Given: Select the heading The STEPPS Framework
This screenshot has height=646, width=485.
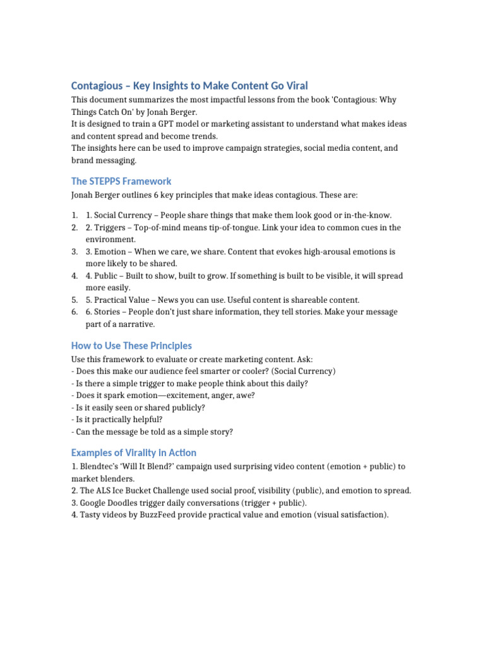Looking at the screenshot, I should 121,181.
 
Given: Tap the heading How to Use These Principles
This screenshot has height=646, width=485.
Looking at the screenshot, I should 131,346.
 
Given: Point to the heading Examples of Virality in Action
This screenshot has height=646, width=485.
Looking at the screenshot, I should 134,452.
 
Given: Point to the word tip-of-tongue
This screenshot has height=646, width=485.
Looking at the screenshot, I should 243,228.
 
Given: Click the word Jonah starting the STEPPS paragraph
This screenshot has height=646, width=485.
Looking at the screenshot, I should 84,195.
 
